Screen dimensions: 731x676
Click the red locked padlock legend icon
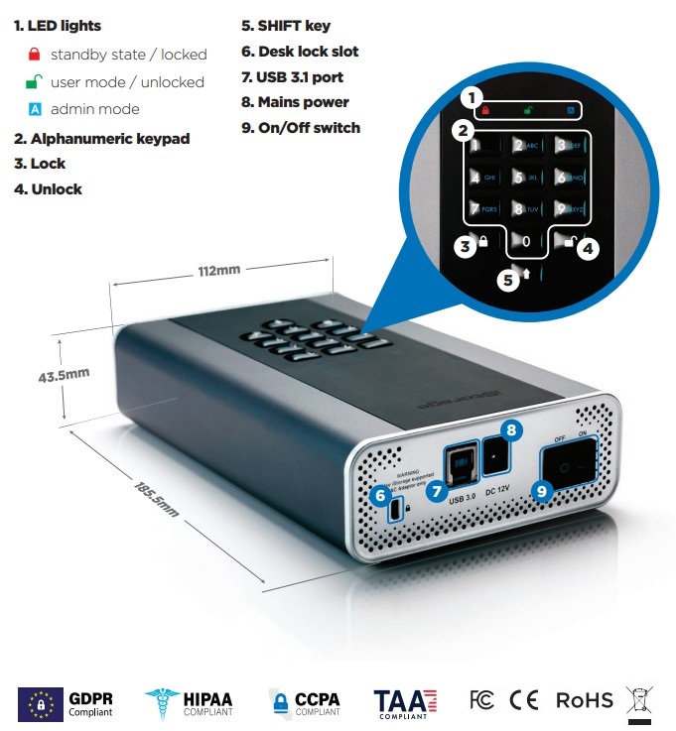pos(35,55)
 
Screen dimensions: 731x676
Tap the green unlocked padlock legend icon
pos(35,81)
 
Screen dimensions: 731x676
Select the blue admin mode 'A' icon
pos(35,109)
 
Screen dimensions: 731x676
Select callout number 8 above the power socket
pos(511,428)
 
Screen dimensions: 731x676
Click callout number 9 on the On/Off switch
pos(541,489)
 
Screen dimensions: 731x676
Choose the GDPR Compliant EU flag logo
pos(41,703)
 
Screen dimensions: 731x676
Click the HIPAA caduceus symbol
pos(161,703)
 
